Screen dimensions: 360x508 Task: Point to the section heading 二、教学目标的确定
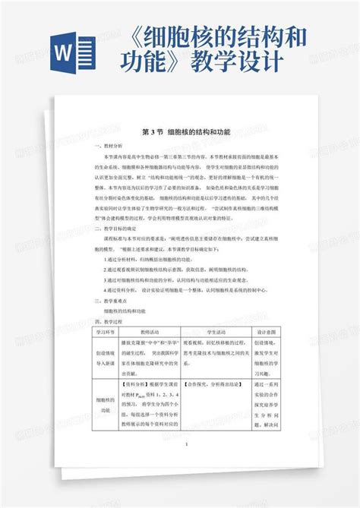coord(115,227)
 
